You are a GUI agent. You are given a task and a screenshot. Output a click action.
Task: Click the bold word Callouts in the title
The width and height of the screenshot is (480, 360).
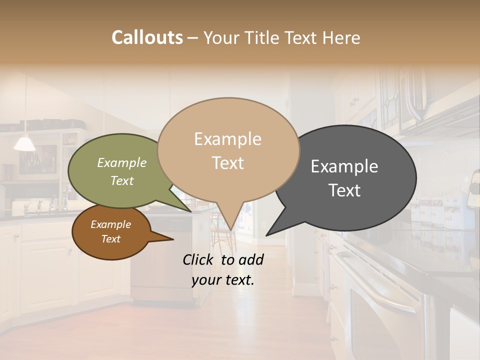pos(147,37)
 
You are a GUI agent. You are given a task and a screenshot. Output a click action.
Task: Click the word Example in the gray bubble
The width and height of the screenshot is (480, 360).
pos(344,166)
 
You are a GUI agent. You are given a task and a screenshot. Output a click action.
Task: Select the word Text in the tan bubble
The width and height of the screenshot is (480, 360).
pos(228,163)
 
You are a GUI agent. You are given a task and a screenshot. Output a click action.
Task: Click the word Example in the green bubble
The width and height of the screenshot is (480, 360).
pos(121,162)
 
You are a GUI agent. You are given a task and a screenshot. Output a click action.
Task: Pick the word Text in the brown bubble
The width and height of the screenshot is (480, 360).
pos(110,239)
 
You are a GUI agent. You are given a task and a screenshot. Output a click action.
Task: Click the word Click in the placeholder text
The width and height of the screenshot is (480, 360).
pos(199,259)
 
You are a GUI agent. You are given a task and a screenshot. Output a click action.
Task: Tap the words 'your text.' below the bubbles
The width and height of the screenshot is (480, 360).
pos(223,280)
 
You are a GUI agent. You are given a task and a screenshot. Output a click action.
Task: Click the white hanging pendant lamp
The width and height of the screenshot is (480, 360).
pos(24,144)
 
